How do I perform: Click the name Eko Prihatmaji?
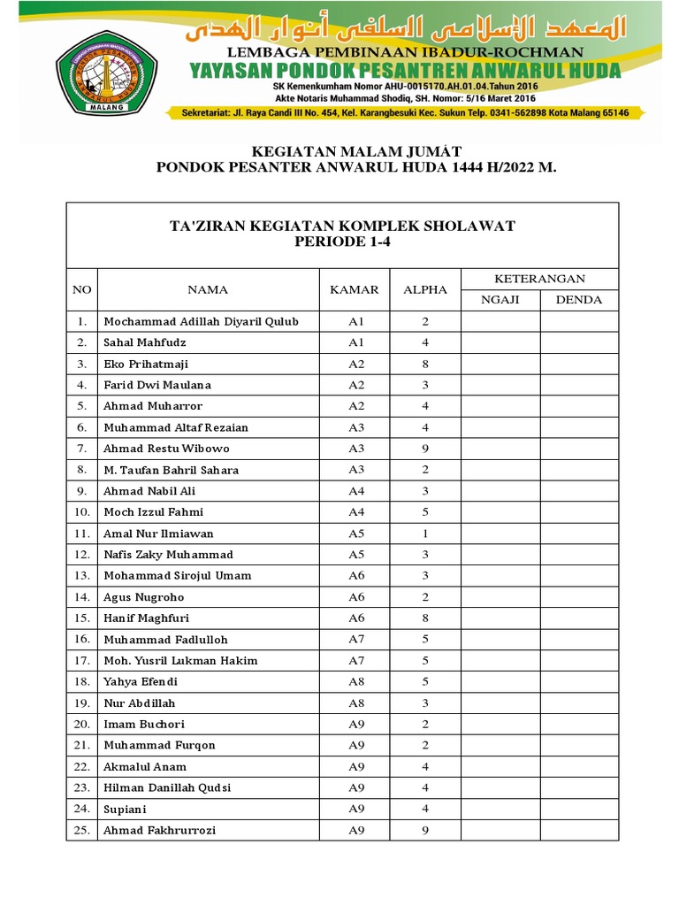coord(146,364)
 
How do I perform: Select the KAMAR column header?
coord(355,289)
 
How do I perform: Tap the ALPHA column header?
coord(425,289)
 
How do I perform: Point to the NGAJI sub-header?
coord(500,300)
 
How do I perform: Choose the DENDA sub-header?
coord(579,300)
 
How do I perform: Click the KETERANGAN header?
coord(539,279)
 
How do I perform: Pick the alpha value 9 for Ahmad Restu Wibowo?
coord(425,449)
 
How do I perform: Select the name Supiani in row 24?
coord(126,809)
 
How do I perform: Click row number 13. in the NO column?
coord(82,576)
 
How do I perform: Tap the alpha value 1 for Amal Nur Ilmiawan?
coord(425,534)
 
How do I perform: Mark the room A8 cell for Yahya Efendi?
coord(355,681)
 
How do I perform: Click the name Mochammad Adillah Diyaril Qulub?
coord(201,321)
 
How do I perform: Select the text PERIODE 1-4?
coord(342,242)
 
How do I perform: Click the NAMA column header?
coord(208,289)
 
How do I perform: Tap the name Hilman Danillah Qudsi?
coord(168,787)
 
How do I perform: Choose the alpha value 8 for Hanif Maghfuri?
coord(425,618)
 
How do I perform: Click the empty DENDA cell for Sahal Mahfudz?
coord(579,342)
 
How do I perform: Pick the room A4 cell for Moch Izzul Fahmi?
coord(355,512)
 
